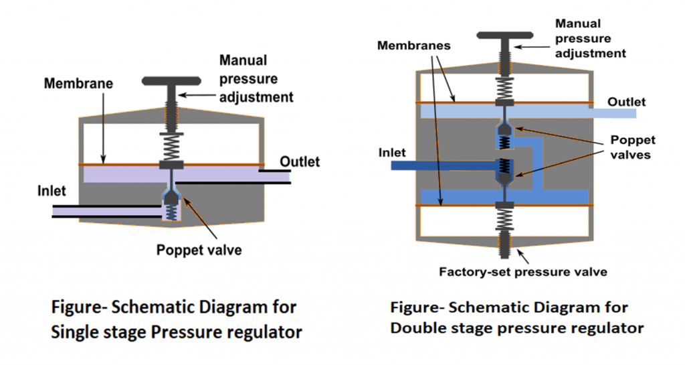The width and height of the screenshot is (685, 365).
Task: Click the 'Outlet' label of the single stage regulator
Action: (x=300, y=161)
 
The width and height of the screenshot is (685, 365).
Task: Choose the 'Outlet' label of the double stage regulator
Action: (x=627, y=102)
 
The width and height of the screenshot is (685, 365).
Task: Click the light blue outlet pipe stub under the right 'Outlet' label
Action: (x=612, y=113)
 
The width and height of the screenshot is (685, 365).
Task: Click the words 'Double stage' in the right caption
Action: (x=435, y=328)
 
